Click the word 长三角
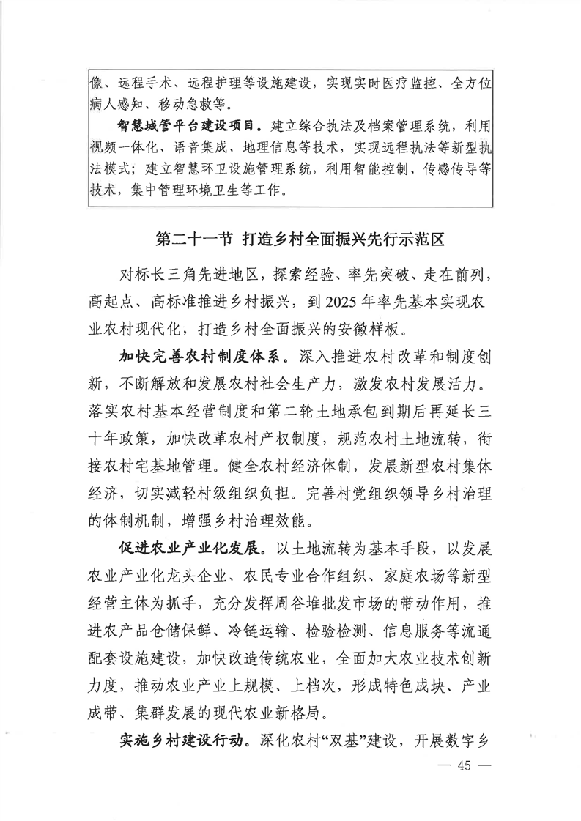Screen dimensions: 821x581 point(183,277)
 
